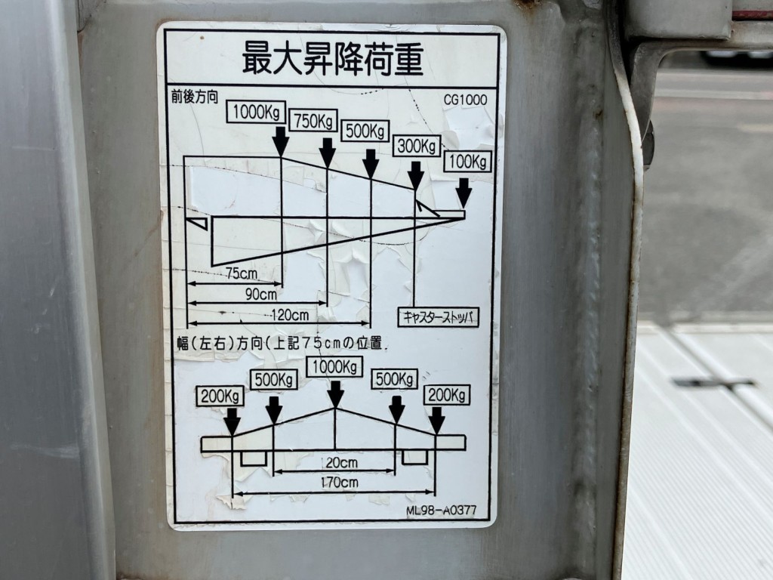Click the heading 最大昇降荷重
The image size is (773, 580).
pyautogui.click(x=333, y=58)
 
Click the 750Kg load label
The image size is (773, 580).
pyautogui.click(x=313, y=122)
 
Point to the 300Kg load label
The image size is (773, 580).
pyautogui.click(x=416, y=146)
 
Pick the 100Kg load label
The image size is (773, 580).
pyautogui.click(x=468, y=162)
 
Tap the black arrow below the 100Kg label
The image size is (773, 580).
pyautogui.click(x=463, y=192)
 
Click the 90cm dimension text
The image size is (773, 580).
pyautogui.click(x=261, y=293)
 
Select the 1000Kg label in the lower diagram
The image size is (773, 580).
pyautogui.click(x=332, y=367)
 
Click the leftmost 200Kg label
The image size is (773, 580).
pyautogui.click(x=220, y=395)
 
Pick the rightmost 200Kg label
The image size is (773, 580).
pyautogui.click(x=447, y=394)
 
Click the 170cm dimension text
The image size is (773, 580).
pyautogui.click(x=339, y=482)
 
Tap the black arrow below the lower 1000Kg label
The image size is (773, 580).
pyautogui.click(x=335, y=393)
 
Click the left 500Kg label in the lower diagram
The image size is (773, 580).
pyautogui.click(x=274, y=379)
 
